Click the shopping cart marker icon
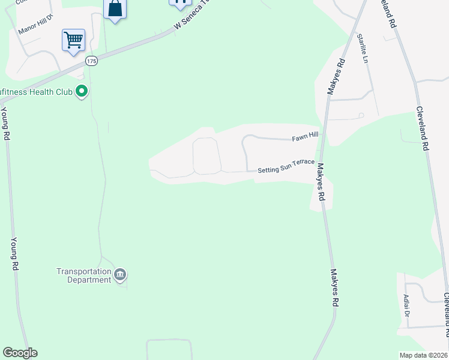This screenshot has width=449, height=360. (x=73, y=41)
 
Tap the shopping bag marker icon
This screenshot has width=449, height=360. (x=115, y=9)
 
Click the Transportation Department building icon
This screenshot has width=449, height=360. (x=120, y=275)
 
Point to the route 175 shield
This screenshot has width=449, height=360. (x=91, y=61)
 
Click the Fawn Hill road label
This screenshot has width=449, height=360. (x=305, y=137)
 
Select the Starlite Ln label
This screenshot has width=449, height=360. (x=362, y=49)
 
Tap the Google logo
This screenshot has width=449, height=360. (x=20, y=353)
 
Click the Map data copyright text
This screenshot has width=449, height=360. (x=423, y=355)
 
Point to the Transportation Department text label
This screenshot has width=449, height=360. (x=84, y=275)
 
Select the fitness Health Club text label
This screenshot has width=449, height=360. (x=36, y=92)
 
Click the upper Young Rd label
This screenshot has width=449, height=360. (x=5, y=123)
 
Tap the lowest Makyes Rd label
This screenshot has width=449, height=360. (x=334, y=287)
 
